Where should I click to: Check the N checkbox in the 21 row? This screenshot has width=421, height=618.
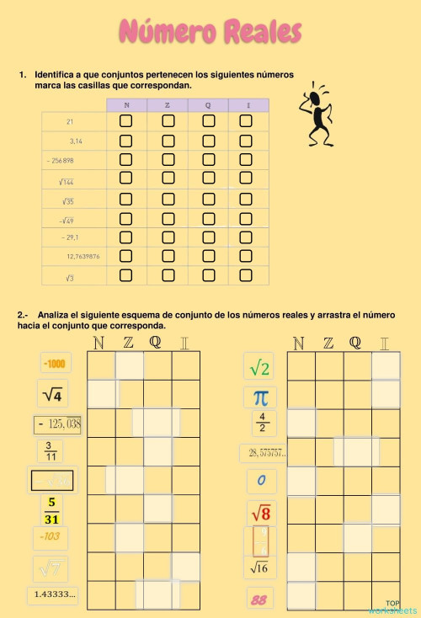coord(126,120)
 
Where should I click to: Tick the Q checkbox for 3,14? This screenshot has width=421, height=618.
coord(208,140)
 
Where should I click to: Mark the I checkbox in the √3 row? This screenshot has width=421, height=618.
coord(246,275)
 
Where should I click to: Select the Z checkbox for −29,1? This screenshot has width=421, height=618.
coord(168,237)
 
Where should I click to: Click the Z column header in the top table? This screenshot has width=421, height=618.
coord(168,104)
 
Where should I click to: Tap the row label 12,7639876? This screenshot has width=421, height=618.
coord(83,256)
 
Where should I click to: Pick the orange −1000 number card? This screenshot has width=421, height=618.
coord(56,363)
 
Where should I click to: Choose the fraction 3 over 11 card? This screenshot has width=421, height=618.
coord(50,451)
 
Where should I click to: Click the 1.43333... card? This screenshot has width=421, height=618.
coord(56,594)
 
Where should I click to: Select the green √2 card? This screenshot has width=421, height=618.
coord(260,367)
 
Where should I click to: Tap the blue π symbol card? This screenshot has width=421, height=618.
coord(261,397)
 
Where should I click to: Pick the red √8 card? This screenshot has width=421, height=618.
coord(260,511)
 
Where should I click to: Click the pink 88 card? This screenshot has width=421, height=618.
coord(258,599)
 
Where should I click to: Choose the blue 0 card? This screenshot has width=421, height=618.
coord(261,482)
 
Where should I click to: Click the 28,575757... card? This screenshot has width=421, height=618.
coord(263,453)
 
